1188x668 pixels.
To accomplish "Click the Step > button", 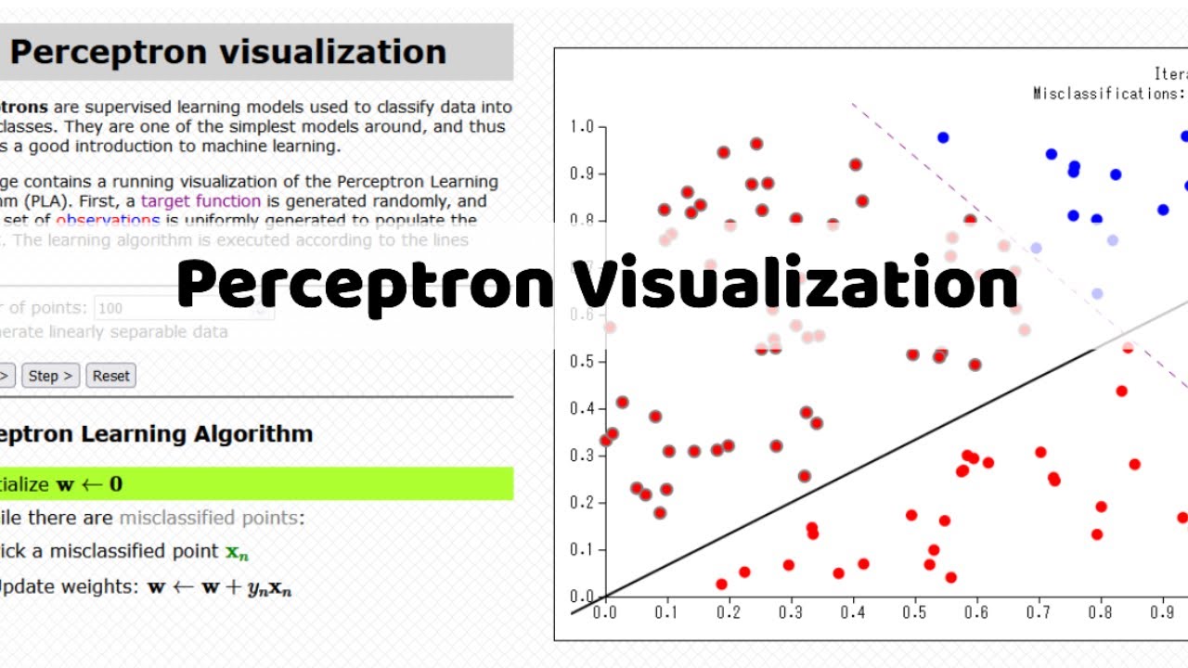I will (50, 376).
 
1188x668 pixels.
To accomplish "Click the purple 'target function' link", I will (200, 200).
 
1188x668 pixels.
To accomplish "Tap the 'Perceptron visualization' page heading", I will (228, 52).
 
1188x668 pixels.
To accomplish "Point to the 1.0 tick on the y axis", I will (584, 127).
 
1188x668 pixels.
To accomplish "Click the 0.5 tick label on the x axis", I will (915, 613).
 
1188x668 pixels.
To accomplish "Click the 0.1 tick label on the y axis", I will (584, 549).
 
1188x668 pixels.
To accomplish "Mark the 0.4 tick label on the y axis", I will (584, 408).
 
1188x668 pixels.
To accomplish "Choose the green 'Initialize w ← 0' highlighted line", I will (251, 483).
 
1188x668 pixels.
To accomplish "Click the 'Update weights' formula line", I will (148, 587).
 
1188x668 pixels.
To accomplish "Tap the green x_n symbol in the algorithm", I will (238, 552).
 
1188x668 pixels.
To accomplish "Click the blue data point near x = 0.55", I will (943, 137).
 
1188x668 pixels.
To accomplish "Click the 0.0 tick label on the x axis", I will (605, 613).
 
